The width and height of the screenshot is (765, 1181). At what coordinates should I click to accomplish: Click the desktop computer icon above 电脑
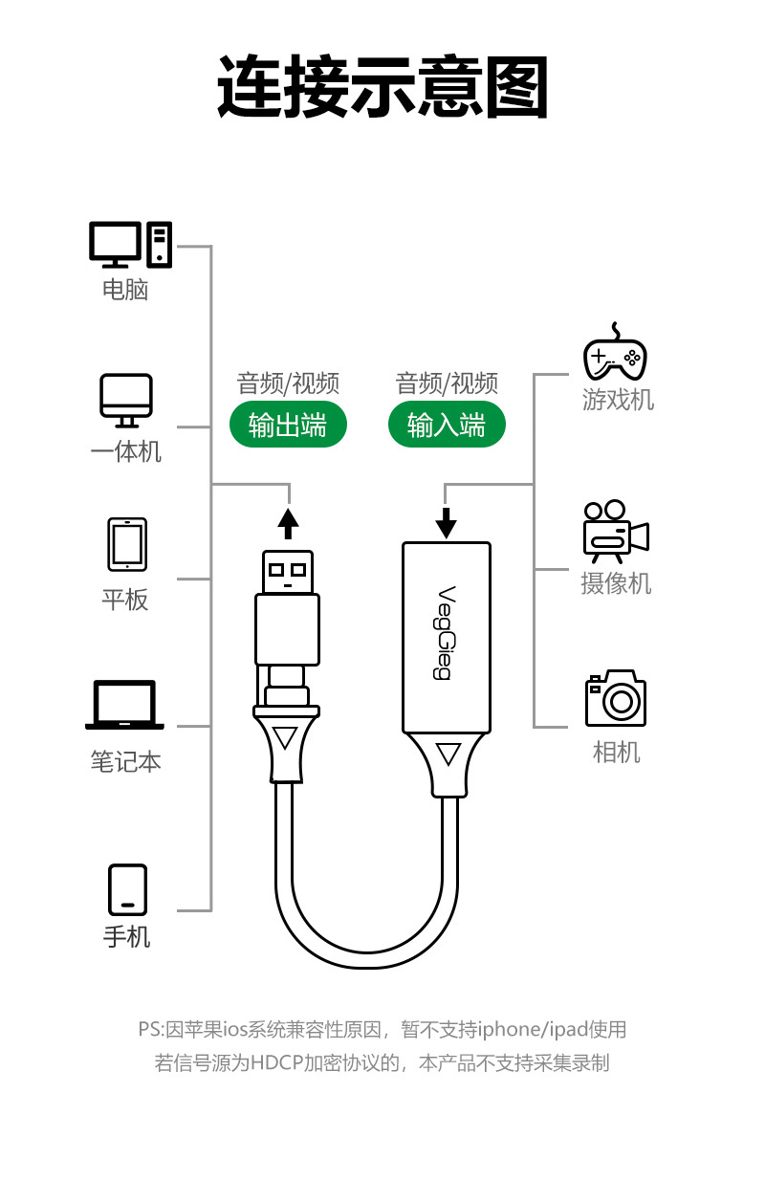[130, 244]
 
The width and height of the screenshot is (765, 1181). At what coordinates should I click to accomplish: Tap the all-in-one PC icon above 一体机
[126, 401]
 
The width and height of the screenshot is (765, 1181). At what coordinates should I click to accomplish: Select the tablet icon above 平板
[126, 545]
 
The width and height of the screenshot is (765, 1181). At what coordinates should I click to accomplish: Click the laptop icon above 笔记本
[125, 706]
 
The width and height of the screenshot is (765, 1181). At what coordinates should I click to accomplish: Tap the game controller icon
[615, 352]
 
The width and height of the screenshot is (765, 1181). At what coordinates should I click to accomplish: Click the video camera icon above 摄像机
[615, 532]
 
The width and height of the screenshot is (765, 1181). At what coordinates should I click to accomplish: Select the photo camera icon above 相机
[616, 698]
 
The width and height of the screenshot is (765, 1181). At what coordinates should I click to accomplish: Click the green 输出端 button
[288, 426]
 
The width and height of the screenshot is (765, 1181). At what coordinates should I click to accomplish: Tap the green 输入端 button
[447, 426]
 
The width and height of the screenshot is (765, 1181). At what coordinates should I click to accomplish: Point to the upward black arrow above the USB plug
[288, 524]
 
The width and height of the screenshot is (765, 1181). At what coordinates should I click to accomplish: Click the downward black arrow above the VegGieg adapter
[447, 522]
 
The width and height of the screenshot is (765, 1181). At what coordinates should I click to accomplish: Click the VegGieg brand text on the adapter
[445, 632]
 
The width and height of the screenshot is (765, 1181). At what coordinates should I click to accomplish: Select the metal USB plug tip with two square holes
[288, 572]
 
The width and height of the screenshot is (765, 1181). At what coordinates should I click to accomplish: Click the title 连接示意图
[382, 87]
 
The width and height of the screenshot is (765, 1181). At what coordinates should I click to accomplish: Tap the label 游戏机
[618, 399]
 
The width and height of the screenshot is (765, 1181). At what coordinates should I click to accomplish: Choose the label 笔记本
[125, 761]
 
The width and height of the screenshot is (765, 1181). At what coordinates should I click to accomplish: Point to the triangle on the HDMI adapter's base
[447, 755]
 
